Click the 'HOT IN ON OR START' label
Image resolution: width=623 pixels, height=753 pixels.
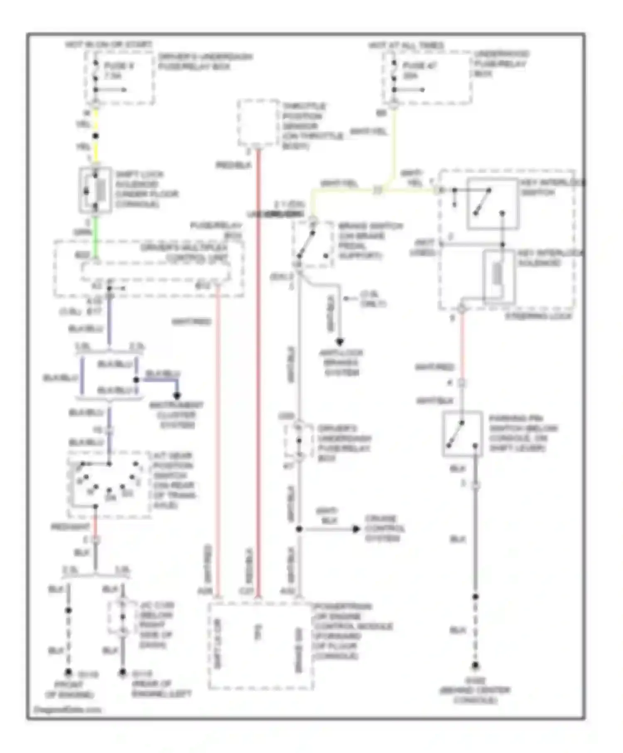tap(109, 44)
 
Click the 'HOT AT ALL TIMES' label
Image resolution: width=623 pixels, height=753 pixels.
tap(406, 45)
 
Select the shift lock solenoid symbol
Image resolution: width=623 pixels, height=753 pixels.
tap(96, 190)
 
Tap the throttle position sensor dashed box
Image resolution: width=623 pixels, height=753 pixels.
tap(258, 123)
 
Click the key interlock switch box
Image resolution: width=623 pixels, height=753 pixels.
tap(493, 203)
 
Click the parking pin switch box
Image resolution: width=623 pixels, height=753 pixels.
tap(462, 434)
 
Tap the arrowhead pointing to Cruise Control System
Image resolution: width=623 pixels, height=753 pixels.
tap(356, 529)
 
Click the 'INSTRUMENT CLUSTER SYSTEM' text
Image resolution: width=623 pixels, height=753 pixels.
tap(177, 415)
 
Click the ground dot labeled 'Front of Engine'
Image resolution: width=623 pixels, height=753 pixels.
tap(69, 672)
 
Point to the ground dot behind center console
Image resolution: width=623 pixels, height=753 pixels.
tap(475, 665)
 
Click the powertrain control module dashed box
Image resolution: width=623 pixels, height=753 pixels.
tap(260, 646)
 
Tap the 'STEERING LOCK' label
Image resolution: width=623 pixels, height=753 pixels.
tap(539, 316)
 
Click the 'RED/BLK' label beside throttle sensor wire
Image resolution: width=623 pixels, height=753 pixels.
tap(233, 165)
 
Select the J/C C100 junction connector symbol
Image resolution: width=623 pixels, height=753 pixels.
tap(123, 617)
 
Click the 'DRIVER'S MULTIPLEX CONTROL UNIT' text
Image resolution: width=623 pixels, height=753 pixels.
tap(184, 253)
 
